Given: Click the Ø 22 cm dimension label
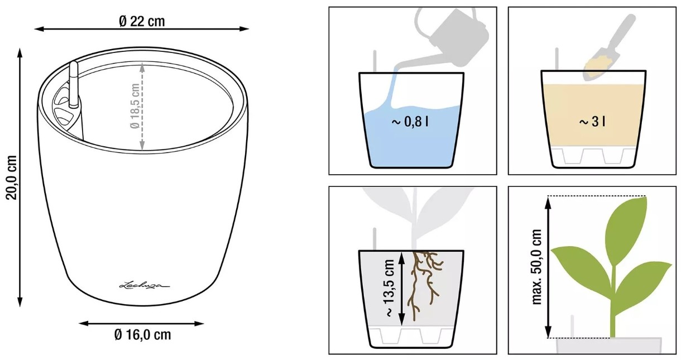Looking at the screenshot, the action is (142, 22).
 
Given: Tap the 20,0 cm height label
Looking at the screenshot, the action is (12, 177).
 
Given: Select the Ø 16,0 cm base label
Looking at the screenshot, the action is (142, 335).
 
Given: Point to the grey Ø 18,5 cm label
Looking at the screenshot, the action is (135, 106).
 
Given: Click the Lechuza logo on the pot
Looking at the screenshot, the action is (144, 285).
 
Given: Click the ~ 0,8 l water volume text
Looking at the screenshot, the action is (410, 122).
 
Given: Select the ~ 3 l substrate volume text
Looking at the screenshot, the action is (592, 122).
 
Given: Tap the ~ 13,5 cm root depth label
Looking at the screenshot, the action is (390, 289).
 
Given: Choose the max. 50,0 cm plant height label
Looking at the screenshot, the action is (537, 267).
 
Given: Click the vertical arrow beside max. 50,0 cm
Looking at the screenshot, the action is (548, 267).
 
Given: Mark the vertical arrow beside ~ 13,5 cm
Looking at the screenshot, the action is (401, 289).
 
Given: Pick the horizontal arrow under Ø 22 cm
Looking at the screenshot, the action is (142, 29).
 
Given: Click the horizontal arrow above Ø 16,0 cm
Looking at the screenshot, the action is (141, 324).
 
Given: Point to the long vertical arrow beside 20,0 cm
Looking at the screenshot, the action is (20, 177).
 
